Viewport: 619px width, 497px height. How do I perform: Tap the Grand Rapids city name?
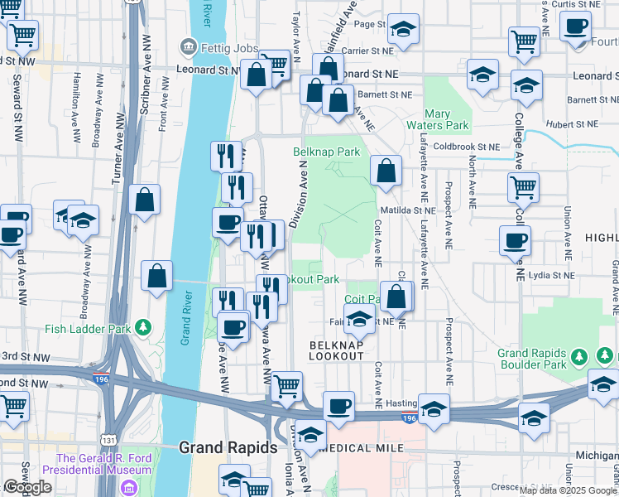(x=228, y=448)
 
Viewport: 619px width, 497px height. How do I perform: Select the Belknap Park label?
(x=327, y=152)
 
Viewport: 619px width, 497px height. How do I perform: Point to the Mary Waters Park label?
(x=446, y=119)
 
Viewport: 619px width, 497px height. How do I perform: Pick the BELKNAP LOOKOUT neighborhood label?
(x=336, y=350)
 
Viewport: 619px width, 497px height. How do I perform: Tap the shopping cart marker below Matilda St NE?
(x=524, y=189)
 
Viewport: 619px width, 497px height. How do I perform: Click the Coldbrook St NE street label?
(x=463, y=147)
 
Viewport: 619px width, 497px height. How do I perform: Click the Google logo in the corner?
(x=27, y=487)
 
